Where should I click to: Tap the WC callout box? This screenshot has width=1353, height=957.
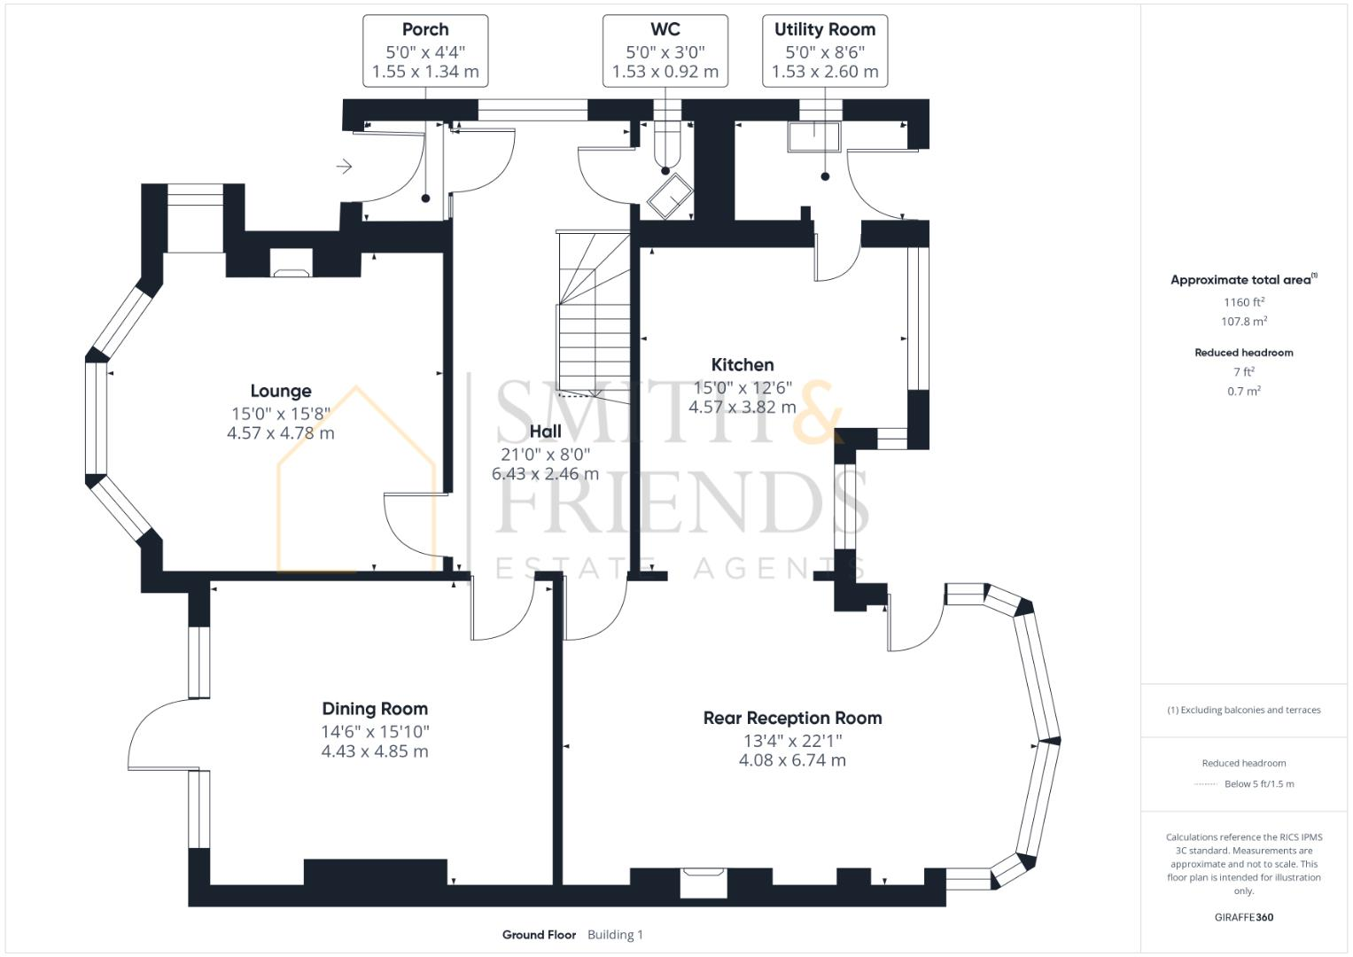[665, 51]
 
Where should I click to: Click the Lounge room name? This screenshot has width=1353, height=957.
[281, 391]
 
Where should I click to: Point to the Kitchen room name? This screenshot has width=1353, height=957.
[743, 364]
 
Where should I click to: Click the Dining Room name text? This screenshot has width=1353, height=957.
[375, 709]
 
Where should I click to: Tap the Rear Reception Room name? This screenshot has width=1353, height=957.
[792, 718]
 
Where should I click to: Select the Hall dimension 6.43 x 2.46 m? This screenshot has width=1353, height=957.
[545, 474]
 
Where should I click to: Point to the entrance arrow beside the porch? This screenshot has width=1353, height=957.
[345, 167]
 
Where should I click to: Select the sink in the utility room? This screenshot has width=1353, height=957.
[813, 137]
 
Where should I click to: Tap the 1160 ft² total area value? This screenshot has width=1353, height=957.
[1244, 302]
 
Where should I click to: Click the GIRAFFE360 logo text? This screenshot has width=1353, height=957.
[1244, 917]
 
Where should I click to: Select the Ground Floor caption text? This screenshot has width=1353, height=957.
[539, 935]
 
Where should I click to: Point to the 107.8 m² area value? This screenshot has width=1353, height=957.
[1244, 322]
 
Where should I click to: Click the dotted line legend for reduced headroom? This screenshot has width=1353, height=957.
[1206, 784]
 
